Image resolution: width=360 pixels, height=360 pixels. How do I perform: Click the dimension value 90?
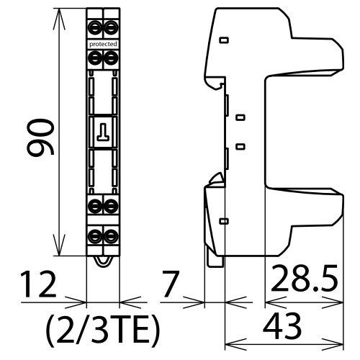(x=41, y=139)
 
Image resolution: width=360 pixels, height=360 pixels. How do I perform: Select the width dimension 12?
(x=38, y=285)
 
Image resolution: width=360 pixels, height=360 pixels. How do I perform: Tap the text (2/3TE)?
(x=102, y=330)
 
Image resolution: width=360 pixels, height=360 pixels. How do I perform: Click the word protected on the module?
(x=103, y=44)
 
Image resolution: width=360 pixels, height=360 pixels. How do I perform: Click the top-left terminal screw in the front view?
(x=95, y=29)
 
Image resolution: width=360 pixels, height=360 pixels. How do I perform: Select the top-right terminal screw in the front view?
(x=111, y=29)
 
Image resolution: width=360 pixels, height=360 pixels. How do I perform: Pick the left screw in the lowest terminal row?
(x=95, y=235)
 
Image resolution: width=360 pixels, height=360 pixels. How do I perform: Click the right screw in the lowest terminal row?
(x=111, y=235)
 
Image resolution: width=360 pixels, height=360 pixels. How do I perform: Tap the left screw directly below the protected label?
(x=95, y=58)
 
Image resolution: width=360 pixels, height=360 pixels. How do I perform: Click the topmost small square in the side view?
(x=223, y=40)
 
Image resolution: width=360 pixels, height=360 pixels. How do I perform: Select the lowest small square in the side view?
(x=223, y=221)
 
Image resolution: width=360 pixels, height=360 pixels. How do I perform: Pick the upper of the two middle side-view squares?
(x=240, y=117)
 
